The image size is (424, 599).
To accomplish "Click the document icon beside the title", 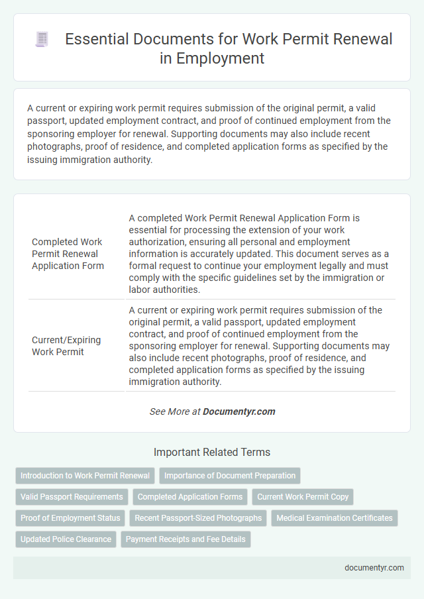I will (x=41, y=40).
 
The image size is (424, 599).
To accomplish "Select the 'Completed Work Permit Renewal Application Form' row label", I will (x=68, y=254).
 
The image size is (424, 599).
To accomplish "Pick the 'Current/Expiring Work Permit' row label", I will (x=66, y=346).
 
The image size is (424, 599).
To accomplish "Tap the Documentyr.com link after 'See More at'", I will (x=238, y=411).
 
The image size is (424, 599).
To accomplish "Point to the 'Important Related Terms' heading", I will (x=212, y=453).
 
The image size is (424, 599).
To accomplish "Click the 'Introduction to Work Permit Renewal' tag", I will (x=85, y=476).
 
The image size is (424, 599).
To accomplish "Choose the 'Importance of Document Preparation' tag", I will (x=230, y=476).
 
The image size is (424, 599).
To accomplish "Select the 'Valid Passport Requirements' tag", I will (x=72, y=497).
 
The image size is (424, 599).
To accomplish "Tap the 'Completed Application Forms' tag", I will (x=190, y=497).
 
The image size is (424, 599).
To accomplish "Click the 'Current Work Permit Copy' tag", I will (x=303, y=497).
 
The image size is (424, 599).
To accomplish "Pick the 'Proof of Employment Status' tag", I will (x=70, y=518).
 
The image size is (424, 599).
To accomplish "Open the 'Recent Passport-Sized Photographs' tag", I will (x=198, y=518).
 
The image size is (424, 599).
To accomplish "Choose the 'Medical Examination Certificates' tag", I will (x=335, y=518).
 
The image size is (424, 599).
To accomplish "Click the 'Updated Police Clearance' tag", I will (x=66, y=539).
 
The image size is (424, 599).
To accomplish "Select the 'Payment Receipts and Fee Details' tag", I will (x=185, y=539).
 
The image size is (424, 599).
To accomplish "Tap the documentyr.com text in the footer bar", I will (x=375, y=568).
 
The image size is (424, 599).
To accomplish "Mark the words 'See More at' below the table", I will (x=175, y=411).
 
